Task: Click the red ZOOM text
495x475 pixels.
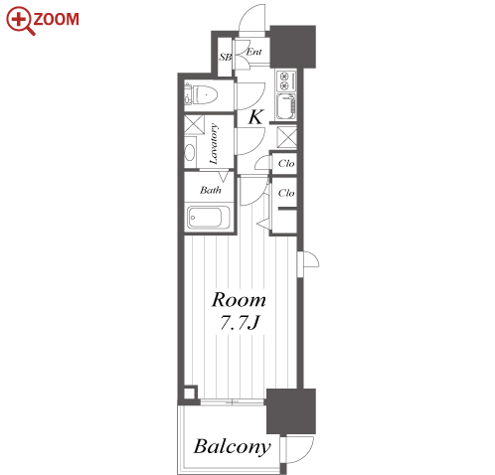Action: [56, 19]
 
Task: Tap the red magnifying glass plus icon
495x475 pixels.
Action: [20, 21]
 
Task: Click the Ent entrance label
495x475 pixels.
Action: [254, 52]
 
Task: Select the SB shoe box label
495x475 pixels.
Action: [226, 57]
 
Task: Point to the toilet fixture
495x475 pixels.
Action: [202, 94]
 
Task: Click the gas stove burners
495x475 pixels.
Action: [285, 81]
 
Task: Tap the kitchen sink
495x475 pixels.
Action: [286, 106]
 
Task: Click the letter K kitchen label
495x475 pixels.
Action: [255, 117]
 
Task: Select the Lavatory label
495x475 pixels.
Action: [214, 144]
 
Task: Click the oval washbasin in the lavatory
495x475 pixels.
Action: [190, 152]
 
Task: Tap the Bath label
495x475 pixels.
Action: [211, 190]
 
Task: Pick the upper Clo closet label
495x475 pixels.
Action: [286, 163]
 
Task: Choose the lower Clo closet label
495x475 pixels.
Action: [286, 193]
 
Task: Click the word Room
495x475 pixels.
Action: [239, 300]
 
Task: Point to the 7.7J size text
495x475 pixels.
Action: [240, 322]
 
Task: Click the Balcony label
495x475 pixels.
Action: [233, 447]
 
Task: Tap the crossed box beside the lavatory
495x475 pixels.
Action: [194, 124]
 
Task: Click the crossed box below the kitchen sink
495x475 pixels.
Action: [287, 137]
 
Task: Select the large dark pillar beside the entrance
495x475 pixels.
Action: [292, 47]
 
